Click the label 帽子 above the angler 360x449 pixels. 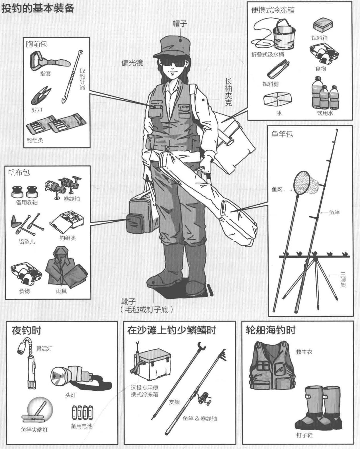tap(180, 24)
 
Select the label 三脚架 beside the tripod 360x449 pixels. tap(343, 279)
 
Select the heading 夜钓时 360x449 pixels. tap(26, 330)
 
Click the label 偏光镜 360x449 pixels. tap(132, 63)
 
